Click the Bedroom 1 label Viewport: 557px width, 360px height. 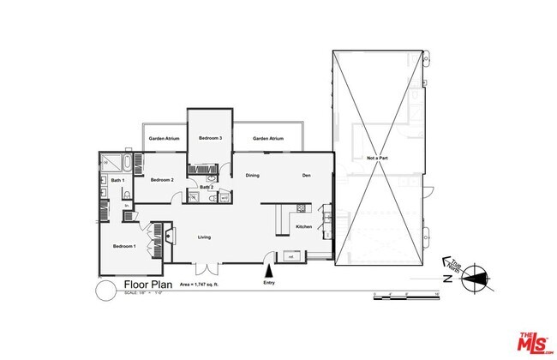point(124,247)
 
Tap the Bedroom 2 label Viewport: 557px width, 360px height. point(163,180)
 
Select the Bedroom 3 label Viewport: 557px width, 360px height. point(211,139)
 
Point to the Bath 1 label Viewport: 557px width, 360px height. point(118,181)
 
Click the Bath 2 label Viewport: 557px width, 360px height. point(207,187)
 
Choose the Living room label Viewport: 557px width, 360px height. point(205,237)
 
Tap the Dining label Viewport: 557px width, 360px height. point(253,176)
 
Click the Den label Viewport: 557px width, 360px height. point(306,176)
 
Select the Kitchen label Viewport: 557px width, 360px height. point(303,226)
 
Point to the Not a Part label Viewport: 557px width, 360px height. point(379,159)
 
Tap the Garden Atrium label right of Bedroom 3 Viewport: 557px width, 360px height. point(268,139)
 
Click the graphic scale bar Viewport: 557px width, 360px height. point(405,297)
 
